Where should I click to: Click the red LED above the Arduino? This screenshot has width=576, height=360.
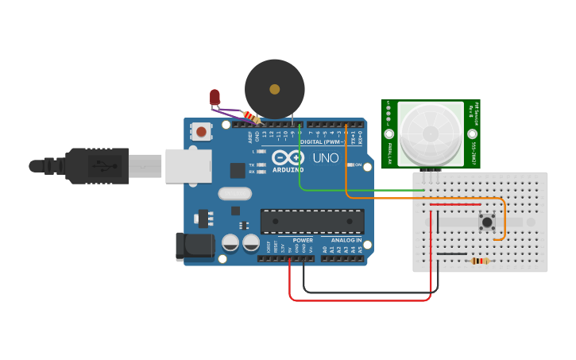[x=215, y=98]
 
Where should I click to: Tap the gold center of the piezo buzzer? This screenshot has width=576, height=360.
[x=274, y=89]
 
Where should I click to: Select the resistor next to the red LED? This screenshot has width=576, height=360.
[x=250, y=118]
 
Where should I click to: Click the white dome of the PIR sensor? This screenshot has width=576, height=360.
[x=430, y=133]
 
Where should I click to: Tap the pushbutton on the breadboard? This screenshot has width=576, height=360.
[x=488, y=222]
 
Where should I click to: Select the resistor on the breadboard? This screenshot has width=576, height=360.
[x=479, y=261]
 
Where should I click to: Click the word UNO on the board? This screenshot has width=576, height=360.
[x=325, y=158]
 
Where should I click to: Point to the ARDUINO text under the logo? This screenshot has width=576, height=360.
[x=288, y=169]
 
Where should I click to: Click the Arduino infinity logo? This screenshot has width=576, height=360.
[x=288, y=157]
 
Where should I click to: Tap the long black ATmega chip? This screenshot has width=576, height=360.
[x=312, y=222]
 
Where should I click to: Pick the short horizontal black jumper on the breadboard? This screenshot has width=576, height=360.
[x=451, y=254]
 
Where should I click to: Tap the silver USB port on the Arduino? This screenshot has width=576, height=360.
[x=188, y=165]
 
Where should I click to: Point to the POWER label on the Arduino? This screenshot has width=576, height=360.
[x=303, y=239]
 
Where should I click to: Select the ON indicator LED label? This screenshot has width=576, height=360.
[x=357, y=165]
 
